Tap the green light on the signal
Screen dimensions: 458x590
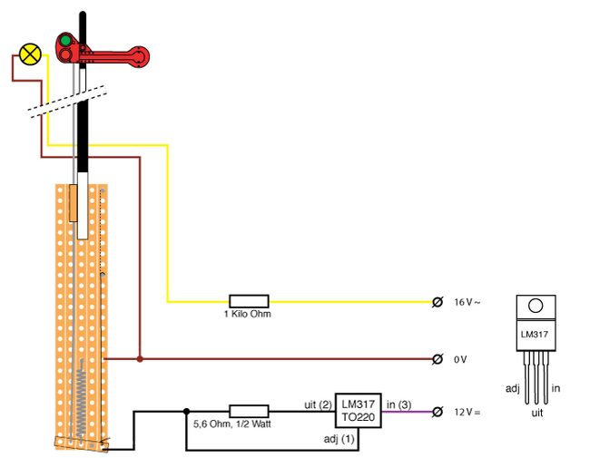[x=65, y=41]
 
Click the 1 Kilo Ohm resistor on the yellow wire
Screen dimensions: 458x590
[x=248, y=300]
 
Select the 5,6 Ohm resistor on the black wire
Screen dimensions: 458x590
[x=248, y=411]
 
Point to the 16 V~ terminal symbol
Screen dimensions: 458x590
[x=438, y=301]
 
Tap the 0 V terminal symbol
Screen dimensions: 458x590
[x=438, y=359]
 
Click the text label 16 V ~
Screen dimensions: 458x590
[x=467, y=301]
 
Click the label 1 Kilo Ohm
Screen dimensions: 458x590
[x=248, y=314]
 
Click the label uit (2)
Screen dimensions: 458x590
[x=317, y=404]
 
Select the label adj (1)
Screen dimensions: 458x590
[x=339, y=438]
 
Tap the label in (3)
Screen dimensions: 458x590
[x=398, y=404]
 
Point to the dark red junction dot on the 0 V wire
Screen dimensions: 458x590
[x=140, y=359]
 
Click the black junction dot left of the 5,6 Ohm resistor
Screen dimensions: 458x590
[x=186, y=411]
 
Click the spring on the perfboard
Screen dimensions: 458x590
[x=81, y=399]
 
